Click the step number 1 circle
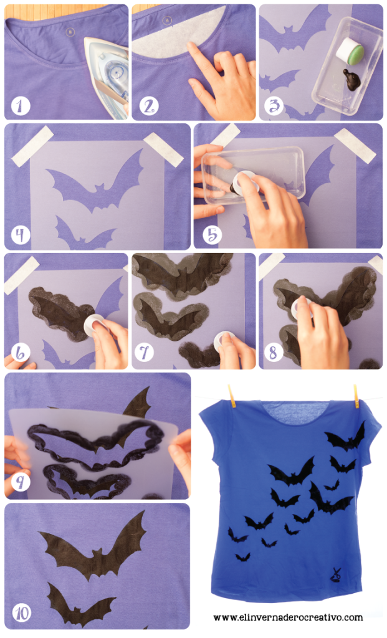[20, 106]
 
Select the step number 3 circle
[274, 106]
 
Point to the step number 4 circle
[21, 234]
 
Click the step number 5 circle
[212, 234]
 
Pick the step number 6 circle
[21, 353]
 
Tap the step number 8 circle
[273, 353]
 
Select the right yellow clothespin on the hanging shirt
[356, 396]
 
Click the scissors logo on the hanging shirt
[336, 575]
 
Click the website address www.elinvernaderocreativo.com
[288, 617]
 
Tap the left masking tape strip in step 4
[32, 146]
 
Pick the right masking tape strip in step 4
[163, 150]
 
